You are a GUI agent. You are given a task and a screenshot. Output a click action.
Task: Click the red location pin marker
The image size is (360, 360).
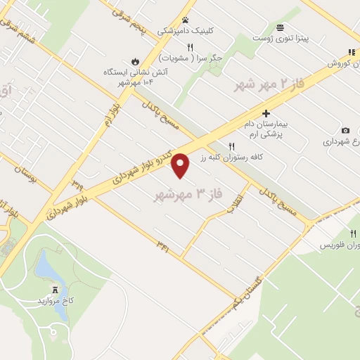click(x=181, y=165)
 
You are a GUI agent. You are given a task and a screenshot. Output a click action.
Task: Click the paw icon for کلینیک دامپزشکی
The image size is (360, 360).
click(x=186, y=20)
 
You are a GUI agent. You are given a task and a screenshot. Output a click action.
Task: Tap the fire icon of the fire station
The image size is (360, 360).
click(x=135, y=60)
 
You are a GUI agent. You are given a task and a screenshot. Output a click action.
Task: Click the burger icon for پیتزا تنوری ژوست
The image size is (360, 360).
click(x=281, y=27)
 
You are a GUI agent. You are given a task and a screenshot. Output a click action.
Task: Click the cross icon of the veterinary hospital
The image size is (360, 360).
click(x=266, y=112)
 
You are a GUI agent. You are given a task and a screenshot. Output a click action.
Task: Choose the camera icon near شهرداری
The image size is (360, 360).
click(x=345, y=130)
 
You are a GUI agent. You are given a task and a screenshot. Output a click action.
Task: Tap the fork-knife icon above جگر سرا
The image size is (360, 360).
click(x=190, y=46)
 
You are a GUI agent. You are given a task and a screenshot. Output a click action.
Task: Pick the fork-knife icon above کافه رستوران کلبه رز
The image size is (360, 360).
click(x=222, y=146)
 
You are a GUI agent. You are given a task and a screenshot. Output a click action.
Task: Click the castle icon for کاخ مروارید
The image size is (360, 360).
click(x=55, y=289)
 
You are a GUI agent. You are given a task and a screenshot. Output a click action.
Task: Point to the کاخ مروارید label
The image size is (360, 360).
click(x=54, y=301)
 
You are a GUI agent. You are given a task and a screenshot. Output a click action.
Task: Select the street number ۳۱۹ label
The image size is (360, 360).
click(x=77, y=186)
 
